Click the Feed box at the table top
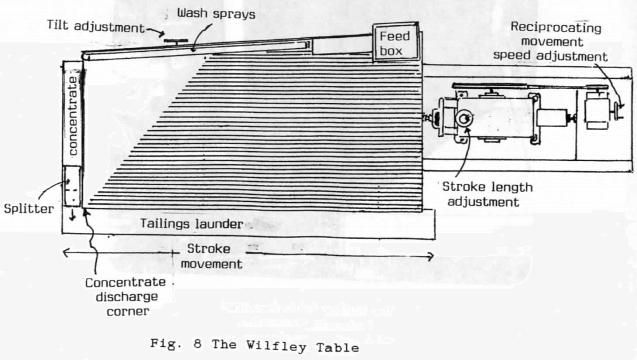(395, 43)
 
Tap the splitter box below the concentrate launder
(73, 185)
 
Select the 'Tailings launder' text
(193, 224)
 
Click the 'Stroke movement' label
(209, 256)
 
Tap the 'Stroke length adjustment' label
(487, 194)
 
